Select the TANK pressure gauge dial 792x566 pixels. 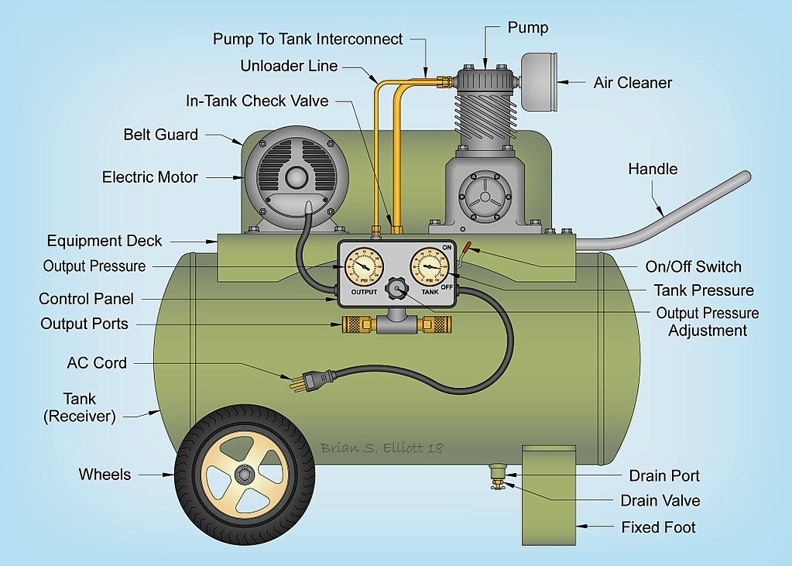point(430,266)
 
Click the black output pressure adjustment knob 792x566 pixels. point(398,290)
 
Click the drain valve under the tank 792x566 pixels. point(496,485)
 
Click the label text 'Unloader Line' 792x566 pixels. point(289,66)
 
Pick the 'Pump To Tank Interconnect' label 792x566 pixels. point(308,39)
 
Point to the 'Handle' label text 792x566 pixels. point(653,169)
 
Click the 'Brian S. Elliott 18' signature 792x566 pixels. point(382,448)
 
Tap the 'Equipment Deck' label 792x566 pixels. point(105,241)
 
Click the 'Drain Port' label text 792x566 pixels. point(664,475)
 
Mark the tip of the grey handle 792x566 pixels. point(745,177)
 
